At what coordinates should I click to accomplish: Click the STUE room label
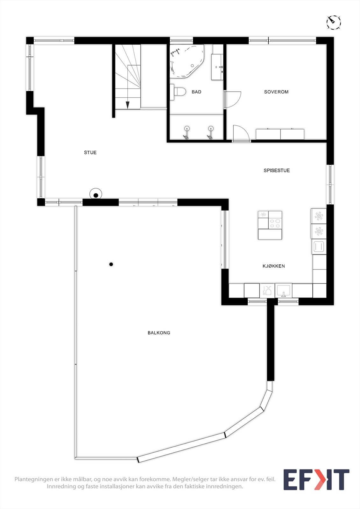(x=90, y=153)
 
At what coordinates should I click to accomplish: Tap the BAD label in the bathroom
(x=196, y=92)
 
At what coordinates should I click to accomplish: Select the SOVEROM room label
(x=276, y=92)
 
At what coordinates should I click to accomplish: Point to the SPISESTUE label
(x=277, y=171)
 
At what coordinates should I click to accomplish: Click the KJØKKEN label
(x=274, y=266)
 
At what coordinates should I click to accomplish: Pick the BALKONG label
(x=159, y=333)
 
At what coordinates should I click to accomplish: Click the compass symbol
(x=334, y=22)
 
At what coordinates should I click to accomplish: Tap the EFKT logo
(x=316, y=479)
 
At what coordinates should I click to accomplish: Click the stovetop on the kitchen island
(x=275, y=223)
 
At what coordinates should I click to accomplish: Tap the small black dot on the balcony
(x=111, y=264)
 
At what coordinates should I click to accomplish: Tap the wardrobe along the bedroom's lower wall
(x=280, y=134)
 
